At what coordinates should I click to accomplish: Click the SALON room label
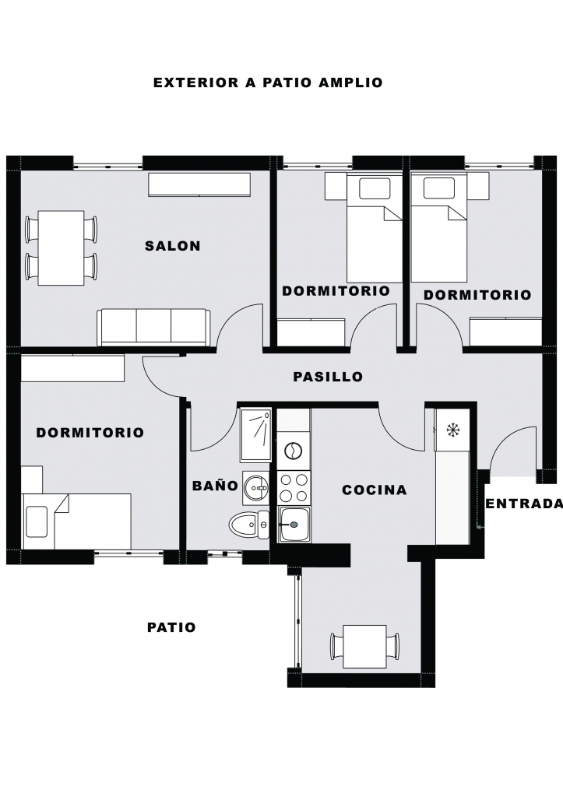tap(172, 246)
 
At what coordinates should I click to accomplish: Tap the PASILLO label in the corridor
tap(328, 377)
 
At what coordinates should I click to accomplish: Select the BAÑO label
tap(215, 486)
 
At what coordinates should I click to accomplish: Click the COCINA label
tap(375, 490)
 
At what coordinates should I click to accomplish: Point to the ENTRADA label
tap(524, 504)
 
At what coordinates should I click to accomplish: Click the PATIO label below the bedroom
tap(171, 627)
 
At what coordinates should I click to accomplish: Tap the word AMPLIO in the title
tap(350, 83)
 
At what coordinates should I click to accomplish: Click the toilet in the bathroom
tap(249, 525)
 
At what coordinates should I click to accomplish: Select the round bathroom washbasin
tap(256, 488)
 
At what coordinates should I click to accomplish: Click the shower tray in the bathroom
tap(256, 434)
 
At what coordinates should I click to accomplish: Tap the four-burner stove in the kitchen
tap(294, 487)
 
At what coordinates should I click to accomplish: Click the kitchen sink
tap(294, 524)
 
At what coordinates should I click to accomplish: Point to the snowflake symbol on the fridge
tap(452, 430)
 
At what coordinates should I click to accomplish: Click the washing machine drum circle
tap(294, 451)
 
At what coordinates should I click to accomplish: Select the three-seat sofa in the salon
tap(154, 327)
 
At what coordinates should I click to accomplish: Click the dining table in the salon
tap(61, 248)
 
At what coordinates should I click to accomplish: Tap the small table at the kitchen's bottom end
tap(364, 647)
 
